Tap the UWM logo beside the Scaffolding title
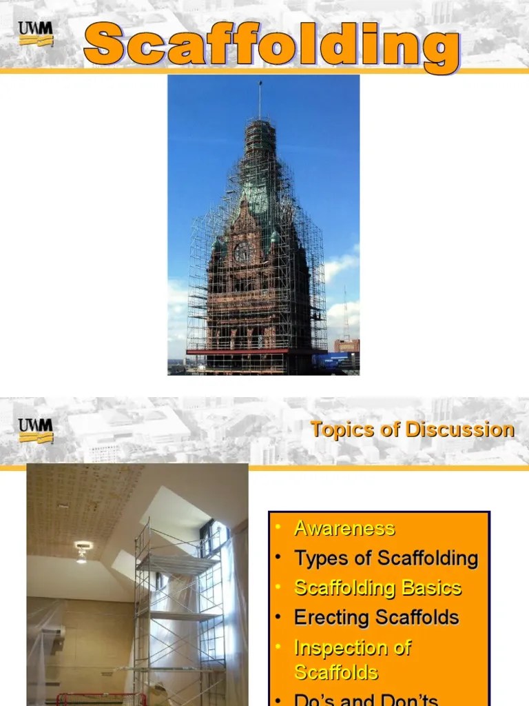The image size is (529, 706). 36,34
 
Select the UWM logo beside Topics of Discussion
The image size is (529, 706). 36,431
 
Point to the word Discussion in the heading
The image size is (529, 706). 459,430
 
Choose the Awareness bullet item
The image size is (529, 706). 344,528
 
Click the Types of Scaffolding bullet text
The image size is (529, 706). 386,558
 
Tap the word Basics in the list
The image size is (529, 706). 432,588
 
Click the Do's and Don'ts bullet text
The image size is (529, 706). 366,699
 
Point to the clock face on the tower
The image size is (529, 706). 242,252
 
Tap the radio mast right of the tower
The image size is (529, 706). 345,314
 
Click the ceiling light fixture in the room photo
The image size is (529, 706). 83,549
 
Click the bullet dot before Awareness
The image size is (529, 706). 278,528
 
